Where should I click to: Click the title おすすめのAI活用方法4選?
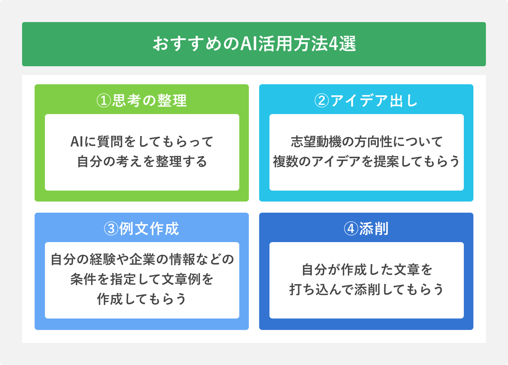click(254, 44)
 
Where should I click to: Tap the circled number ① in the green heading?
click(104, 100)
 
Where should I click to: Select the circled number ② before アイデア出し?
click(321, 100)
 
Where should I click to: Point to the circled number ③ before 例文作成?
click(111, 229)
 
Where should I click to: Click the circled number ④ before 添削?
click(351, 229)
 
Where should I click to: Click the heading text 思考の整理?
click(149, 100)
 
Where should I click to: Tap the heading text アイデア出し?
click(374, 100)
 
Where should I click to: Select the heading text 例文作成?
click(149, 229)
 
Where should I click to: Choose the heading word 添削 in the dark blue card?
click(374, 229)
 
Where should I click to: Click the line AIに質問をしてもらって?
click(142, 142)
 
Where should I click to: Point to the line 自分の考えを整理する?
click(142, 162)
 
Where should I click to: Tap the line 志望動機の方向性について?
click(367, 142)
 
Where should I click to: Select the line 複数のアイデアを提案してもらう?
click(367, 162)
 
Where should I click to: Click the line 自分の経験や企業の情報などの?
click(142, 259)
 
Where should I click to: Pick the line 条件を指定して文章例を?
click(142, 279)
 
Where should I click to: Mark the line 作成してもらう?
click(142, 299)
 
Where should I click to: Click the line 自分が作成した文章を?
click(367, 270)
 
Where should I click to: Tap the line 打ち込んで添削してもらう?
click(367, 290)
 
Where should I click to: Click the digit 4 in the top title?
click(333, 44)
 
